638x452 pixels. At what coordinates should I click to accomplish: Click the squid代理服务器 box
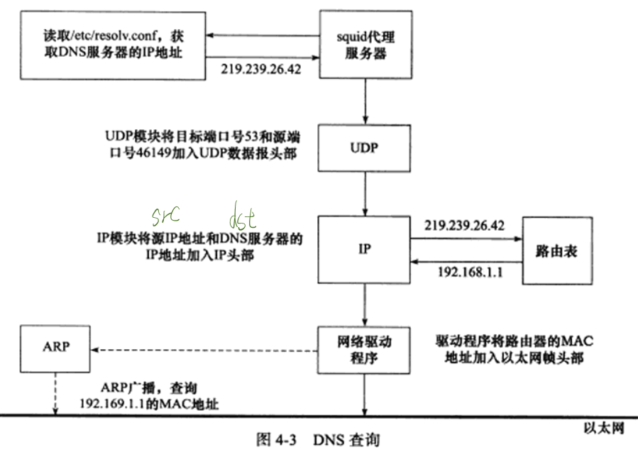365,44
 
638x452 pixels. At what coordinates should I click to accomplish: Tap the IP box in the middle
365,249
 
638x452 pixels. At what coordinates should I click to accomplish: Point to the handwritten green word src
165,215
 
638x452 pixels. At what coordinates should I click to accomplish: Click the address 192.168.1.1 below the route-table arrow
464,272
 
